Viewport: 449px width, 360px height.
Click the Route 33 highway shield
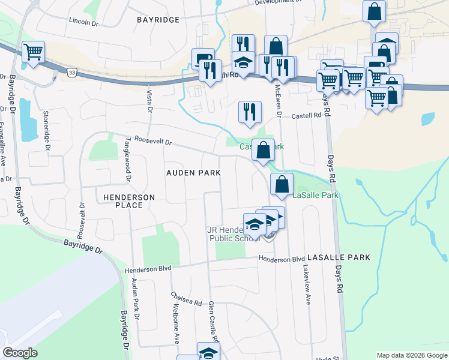pos(72,73)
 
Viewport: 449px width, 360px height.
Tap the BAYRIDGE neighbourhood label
pos(158,20)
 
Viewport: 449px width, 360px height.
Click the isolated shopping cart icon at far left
pos(33,52)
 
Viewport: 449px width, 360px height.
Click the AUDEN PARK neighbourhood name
pos(193,173)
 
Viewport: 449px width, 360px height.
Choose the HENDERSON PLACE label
pos(129,201)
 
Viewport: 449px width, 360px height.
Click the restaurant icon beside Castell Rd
pos(250,112)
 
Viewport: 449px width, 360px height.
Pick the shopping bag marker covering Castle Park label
pos(263,150)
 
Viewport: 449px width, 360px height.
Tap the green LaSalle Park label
pos(316,196)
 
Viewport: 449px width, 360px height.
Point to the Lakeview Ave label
pos(307,286)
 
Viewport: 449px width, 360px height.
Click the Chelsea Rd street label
pos(185,299)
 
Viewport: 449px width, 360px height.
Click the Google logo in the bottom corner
pos(20,353)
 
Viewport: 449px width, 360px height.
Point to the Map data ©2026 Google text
pos(411,355)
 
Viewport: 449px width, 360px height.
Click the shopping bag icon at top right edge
pos(375,11)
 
